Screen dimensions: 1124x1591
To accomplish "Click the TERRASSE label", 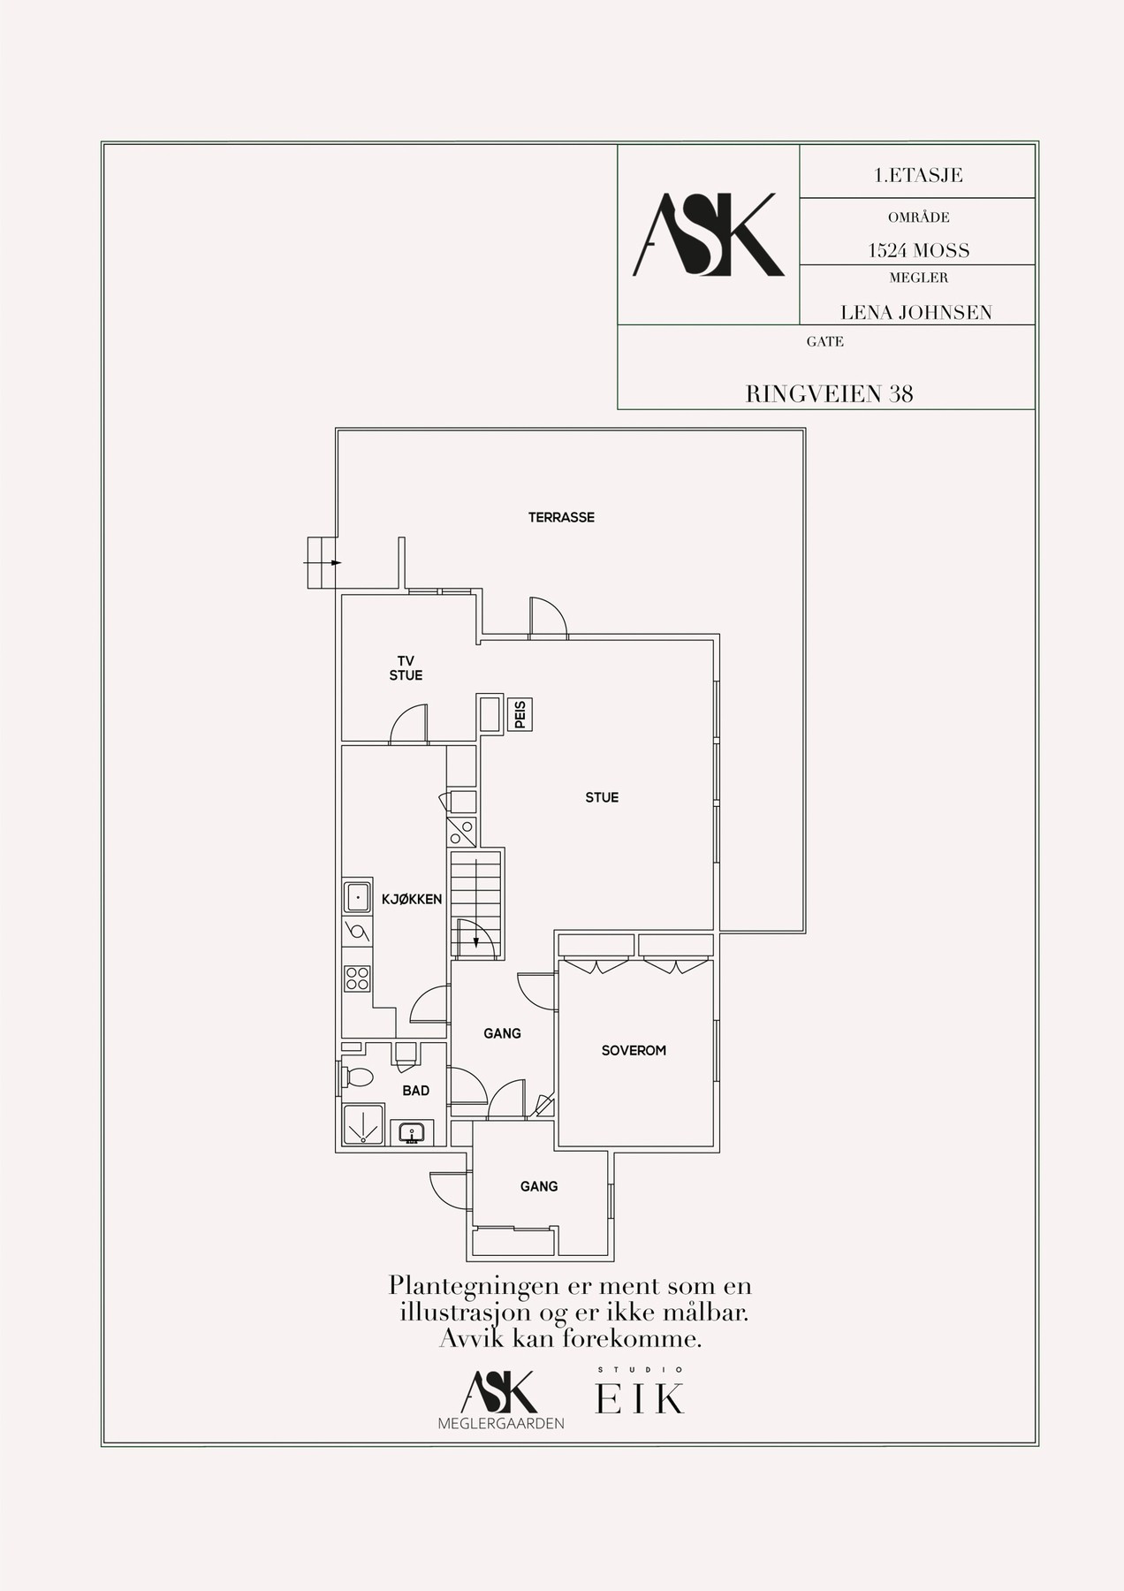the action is coord(561,517).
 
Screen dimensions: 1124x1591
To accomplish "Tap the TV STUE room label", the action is coord(406,668).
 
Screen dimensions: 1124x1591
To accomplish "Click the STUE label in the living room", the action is coord(602,797).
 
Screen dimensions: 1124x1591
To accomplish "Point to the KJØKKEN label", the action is coord(411,899).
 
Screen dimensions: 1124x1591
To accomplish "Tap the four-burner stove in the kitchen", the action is coord(357,978).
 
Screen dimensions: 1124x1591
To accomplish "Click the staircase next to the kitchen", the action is coord(476,904).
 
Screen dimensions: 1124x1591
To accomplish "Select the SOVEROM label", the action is coord(634,1051).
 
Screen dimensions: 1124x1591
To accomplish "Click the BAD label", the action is coord(415,1091).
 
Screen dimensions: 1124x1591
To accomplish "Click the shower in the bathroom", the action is coord(362,1124).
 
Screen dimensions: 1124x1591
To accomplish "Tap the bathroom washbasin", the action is coord(412,1132).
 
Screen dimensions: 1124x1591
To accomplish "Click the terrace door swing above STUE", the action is coord(549,616).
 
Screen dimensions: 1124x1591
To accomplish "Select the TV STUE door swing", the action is coord(409,722).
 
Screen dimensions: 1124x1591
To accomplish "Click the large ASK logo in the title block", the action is coord(709,234).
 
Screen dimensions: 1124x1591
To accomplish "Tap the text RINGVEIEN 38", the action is coord(829,394).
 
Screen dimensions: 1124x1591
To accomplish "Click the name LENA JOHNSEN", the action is coord(916,312).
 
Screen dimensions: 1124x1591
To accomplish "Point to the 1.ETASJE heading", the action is coord(917,175).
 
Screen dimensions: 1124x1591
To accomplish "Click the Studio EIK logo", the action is coord(641,1394).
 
